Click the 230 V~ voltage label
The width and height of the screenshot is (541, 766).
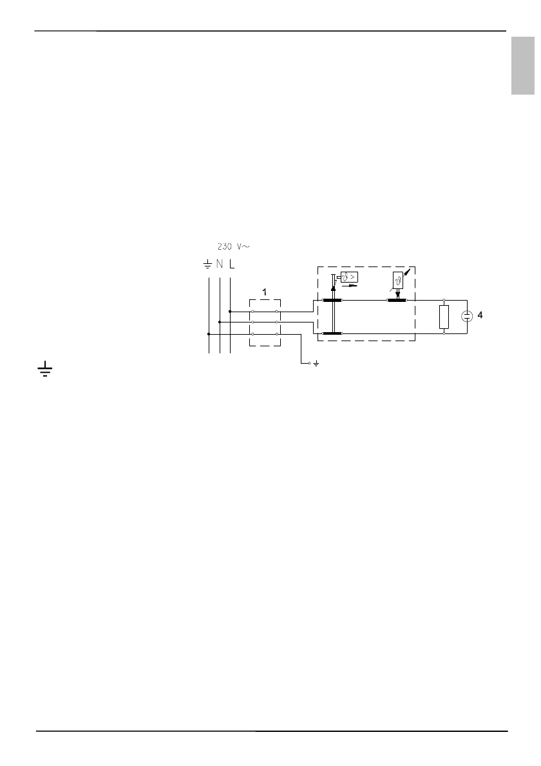coord(233,247)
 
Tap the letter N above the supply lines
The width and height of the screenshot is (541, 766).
coord(220,265)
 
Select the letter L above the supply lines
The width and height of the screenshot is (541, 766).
coord(232,265)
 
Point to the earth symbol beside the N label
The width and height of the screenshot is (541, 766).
coord(207,265)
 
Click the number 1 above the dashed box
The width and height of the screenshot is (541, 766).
coord(265,292)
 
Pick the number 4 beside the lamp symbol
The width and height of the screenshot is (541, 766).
coord(480,315)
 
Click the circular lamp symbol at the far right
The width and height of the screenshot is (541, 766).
coord(467,317)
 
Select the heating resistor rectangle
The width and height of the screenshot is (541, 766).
coord(444,317)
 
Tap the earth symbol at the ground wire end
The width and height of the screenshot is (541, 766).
coord(316,364)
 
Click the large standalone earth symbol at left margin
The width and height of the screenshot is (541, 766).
coord(45,370)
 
